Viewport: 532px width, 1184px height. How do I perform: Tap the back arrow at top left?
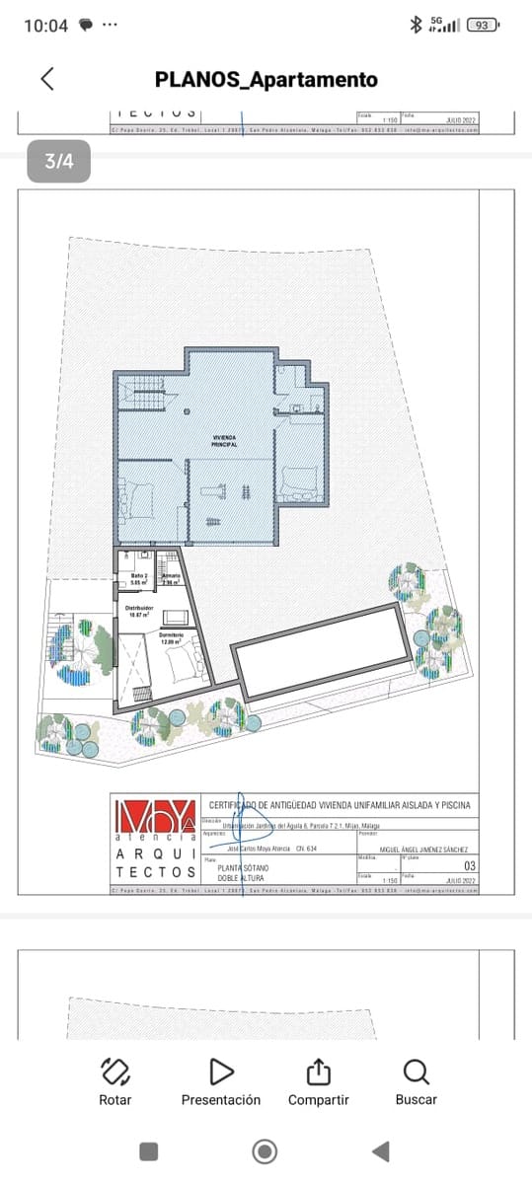[46, 79]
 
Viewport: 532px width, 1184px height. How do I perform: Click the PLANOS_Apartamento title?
[266, 80]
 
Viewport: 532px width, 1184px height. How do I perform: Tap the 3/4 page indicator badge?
[58, 162]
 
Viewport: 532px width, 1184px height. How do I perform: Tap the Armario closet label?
[171, 579]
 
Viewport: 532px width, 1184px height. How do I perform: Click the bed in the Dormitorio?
[181, 668]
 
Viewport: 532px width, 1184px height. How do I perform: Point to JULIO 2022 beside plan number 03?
[460, 879]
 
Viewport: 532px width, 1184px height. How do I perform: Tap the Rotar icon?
[115, 1072]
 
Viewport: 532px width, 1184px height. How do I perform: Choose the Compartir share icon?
[318, 1072]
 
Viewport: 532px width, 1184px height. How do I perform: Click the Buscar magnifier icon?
[417, 1072]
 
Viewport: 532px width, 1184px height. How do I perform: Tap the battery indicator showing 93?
[482, 25]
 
